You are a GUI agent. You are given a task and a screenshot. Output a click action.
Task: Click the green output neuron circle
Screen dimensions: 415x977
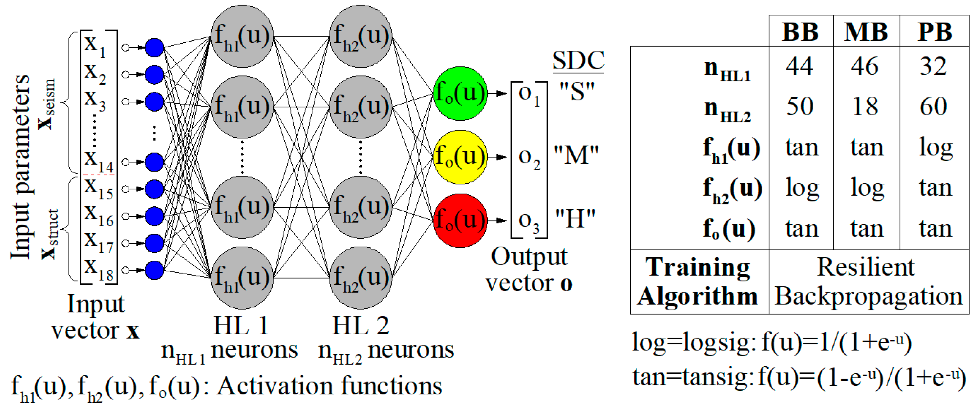point(460,93)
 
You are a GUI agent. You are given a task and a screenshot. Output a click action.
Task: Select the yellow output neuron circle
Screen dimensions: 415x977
point(460,157)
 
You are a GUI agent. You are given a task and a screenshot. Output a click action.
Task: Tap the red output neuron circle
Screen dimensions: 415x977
point(460,220)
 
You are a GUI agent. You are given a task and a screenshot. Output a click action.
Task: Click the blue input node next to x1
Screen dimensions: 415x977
point(154,47)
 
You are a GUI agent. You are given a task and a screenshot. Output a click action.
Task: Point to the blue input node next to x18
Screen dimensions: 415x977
point(154,270)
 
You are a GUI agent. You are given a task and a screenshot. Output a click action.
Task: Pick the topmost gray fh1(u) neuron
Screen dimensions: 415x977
point(242,36)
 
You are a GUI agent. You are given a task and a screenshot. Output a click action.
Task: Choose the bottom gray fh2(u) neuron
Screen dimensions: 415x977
point(360,278)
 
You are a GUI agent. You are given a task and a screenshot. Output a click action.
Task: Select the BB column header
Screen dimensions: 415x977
point(800,32)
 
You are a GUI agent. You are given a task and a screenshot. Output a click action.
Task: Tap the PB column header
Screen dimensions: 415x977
point(935,32)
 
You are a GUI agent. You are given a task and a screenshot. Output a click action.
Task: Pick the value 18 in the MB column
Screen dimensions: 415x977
point(865,107)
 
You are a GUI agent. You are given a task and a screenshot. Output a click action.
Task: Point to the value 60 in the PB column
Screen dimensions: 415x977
point(933,107)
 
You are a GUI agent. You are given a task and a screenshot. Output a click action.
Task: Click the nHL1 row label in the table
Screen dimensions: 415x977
point(727,71)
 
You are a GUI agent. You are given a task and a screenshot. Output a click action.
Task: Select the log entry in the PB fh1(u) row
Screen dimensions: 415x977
point(935,148)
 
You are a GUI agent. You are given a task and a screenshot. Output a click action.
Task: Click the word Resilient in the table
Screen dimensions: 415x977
point(865,267)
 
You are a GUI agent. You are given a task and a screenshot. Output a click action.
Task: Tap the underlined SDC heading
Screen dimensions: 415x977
point(578,61)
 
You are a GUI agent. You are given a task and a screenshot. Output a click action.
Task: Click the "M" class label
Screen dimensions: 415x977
point(576,156)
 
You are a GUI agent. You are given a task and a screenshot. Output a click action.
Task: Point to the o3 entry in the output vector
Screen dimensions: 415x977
point(529,222)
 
